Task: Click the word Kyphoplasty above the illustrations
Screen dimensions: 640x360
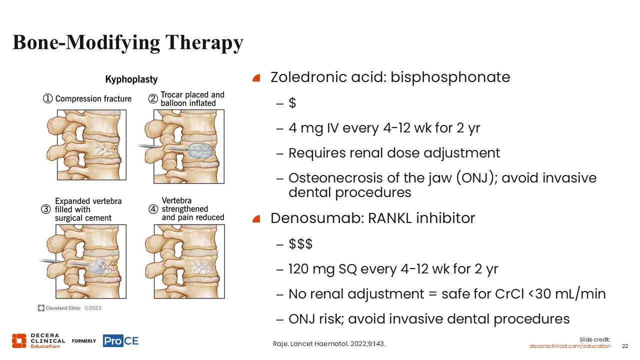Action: click(131, 79)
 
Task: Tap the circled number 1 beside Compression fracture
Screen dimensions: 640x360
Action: click(47, 98)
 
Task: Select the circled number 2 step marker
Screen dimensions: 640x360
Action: click(153, 99)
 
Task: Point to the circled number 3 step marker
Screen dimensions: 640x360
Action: click(45, 209)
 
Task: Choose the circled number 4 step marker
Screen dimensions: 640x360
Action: click(153, 209)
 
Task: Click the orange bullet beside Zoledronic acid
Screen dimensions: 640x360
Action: click(256, 77)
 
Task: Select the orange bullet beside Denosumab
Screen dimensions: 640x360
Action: click(256, 219)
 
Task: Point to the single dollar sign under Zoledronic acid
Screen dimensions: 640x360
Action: click(292, 102)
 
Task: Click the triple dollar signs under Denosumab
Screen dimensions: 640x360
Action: click(300, 243)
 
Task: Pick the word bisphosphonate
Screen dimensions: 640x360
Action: click(450, 77)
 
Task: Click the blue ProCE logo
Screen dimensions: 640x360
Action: click(121, 341)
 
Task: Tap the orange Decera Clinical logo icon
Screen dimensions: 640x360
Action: click(19, 341)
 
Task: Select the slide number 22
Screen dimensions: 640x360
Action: click(625, 346)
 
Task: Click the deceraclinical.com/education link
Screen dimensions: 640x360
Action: click(569, 346)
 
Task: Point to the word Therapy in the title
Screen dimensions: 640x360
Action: click(204, 43)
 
